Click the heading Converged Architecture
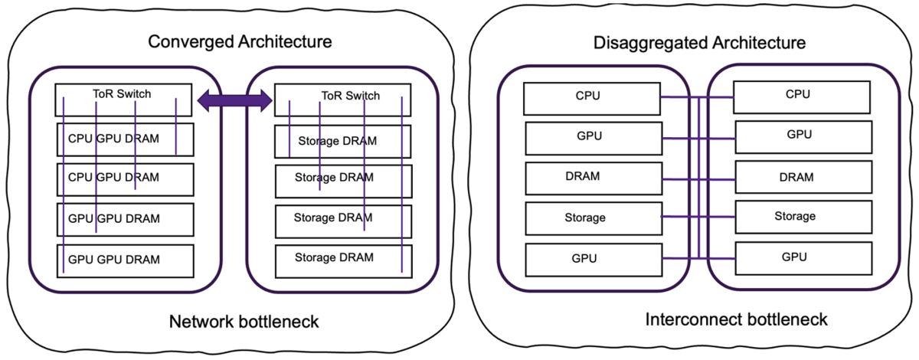click(240, 41)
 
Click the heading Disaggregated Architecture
click(699, 42)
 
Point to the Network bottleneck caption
click(244, 322)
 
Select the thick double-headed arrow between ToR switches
click(235, 98)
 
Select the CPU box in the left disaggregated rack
click(591, 97)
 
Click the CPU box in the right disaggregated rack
click(802, 96)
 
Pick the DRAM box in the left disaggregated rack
click(591, 177)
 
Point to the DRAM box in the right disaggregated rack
click(802, 177)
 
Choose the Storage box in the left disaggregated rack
click(591, 218)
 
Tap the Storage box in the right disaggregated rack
click(802, 217)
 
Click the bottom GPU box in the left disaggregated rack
click(591, 259)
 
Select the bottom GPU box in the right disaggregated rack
click(802, 257)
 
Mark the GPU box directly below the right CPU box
click(802, 136)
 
